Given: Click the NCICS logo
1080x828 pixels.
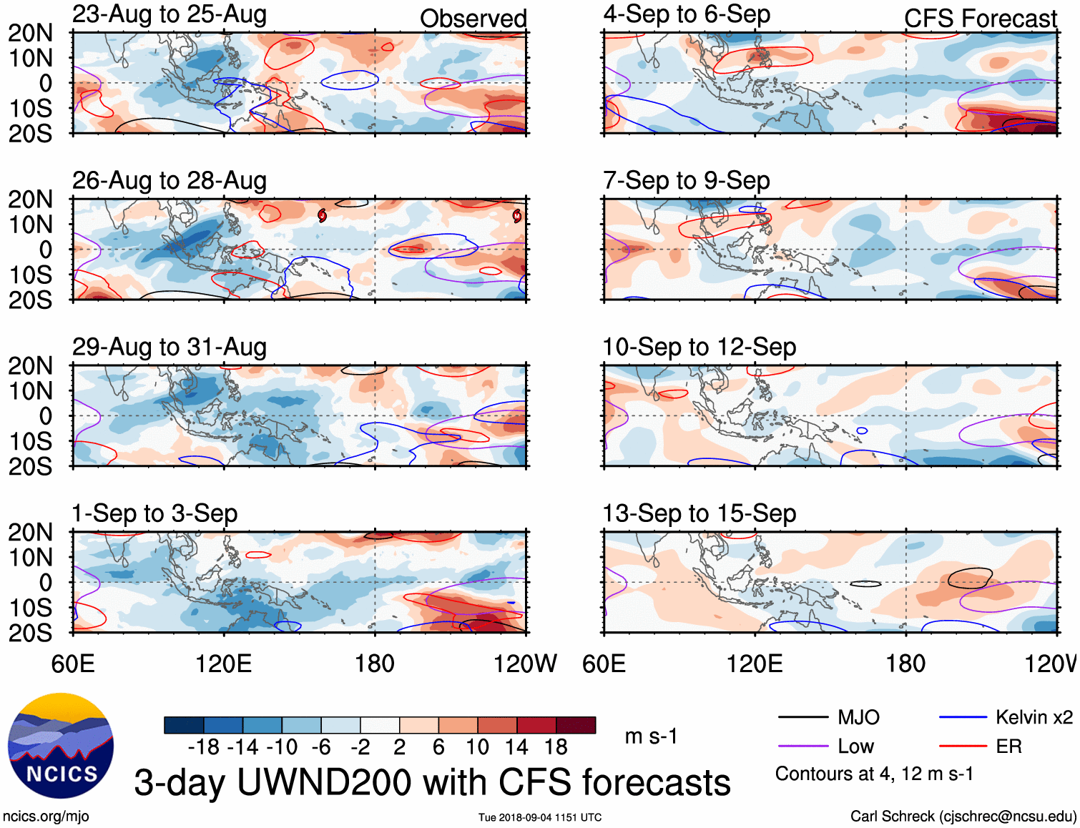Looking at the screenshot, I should tap(61, 746).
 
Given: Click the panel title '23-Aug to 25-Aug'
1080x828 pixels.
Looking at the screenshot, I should tap(170, 14).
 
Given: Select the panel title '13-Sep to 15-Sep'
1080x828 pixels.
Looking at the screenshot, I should tap(699, 513).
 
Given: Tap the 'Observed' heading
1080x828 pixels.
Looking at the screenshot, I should tap(473, 19).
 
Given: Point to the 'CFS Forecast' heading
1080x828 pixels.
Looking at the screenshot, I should tap(980, 19).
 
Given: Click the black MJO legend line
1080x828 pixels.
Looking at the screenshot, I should tap(802, 717).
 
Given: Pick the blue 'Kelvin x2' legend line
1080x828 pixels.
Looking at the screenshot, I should tap(963, 717).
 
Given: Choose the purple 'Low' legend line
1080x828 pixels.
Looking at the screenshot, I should tap(802, 746).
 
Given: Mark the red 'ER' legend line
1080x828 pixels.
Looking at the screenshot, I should tap(963, 746).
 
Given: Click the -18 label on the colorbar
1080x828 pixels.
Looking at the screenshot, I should tap(203, 747).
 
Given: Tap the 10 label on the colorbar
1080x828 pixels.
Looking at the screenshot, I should tap(477, 747).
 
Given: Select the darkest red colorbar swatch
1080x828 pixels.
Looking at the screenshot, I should tap(576, 725).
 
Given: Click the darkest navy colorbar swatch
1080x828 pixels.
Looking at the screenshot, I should tap(183, 725).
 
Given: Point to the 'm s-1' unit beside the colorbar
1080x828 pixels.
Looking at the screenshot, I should tap(651, 736).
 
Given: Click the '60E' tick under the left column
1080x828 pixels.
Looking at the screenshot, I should tap(73, 664).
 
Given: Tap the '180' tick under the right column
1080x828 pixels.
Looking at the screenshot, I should tap(905, 664).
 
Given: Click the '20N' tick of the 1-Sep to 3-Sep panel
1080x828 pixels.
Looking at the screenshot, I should tap(31, 533).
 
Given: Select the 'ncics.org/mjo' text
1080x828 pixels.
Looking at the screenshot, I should tap(46, 817).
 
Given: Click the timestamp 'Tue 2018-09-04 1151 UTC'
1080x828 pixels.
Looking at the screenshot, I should tap(540, 817).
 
